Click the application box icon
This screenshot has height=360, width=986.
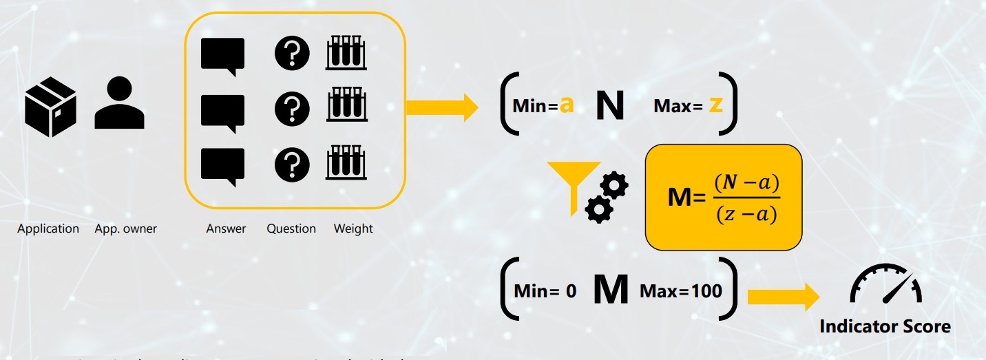coord(50,107)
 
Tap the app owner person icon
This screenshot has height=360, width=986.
coord(119,104)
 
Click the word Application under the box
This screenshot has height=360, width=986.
coord(48,229)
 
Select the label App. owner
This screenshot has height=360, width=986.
coord(126,229)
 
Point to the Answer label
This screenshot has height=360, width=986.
coord(226,229)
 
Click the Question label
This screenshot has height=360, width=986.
coord(291,229)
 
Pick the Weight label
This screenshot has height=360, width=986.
coord(353,229)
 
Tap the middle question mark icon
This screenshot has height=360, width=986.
coord(292,109)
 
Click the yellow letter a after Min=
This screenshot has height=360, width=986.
coord(566,105)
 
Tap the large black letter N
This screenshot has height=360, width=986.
coord(609,106)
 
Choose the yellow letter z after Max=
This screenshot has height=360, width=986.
coord(715,105)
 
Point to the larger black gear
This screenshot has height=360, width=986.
coord(613,187)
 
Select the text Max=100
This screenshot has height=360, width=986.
coord(681,291)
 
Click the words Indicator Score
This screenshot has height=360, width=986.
coord(885,326)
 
